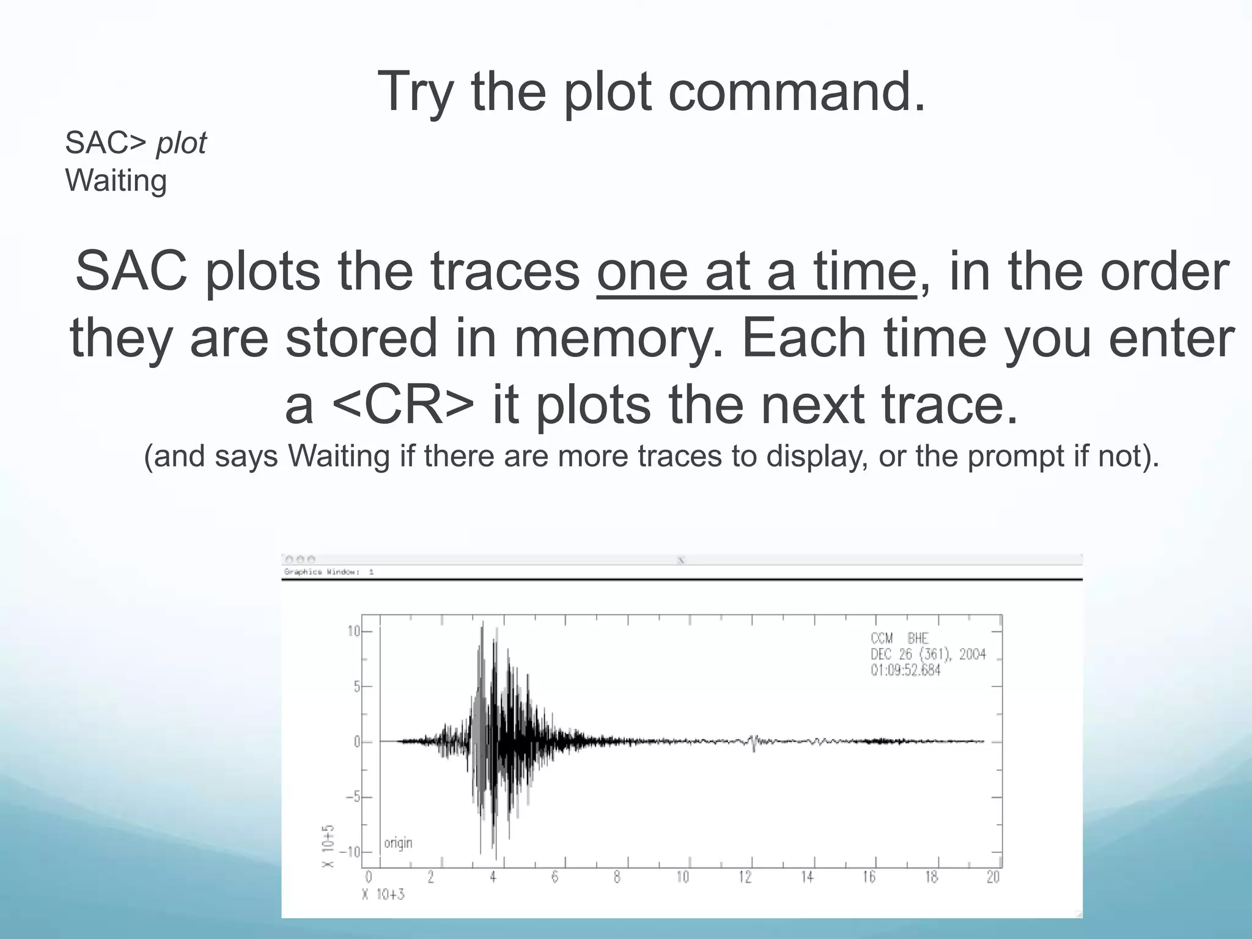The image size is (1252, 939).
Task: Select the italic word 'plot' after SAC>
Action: [182, 144]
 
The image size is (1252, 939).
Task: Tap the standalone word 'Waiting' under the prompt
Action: [116, 181]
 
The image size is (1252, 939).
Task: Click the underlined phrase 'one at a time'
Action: [757, 271]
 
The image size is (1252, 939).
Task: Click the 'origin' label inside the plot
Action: [398, 843]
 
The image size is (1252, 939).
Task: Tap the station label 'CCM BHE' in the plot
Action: [899, 638]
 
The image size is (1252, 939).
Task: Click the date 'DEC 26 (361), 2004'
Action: [928, 654]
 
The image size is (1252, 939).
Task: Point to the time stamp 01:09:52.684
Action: [905, 670]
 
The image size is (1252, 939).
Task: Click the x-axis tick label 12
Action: [745, 877]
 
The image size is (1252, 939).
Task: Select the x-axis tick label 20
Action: [993, 877]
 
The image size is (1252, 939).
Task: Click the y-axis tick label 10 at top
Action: [353, 632]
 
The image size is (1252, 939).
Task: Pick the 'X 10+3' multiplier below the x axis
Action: [383, 895]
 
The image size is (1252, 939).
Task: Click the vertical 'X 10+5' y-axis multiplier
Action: [328, 846]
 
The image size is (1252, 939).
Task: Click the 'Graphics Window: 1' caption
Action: [329, 572]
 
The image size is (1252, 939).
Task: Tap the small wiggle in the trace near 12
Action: [753, 742]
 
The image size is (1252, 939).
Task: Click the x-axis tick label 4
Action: [493, 877]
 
